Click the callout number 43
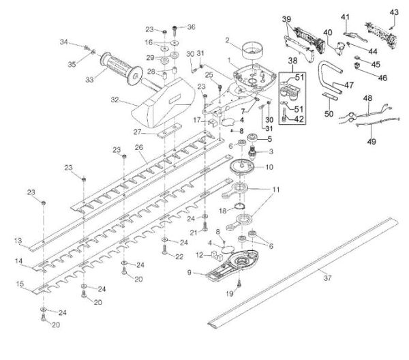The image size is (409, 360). pos(393,12)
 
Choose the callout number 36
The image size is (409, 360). pos(191,27)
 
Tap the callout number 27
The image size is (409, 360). pos(136,132)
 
